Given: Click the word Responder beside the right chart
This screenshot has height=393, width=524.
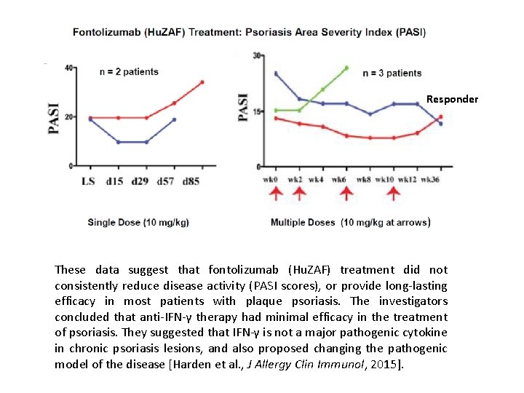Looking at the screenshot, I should pos(452,99).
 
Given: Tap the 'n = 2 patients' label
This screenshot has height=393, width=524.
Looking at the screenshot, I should pos(129,72).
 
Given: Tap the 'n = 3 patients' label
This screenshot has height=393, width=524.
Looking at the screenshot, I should pos(392,73).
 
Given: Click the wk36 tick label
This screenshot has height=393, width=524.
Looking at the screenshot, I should pos(430,179).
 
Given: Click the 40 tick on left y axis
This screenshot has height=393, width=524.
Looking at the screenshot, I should pos(69,68).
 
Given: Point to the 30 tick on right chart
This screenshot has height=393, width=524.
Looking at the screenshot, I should pos(257,55).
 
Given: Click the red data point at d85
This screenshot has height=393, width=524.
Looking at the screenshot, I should pos(202,82).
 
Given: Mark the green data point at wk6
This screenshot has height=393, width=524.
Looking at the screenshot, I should pos(346,68).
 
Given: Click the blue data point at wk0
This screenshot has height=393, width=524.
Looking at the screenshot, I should pos(276,74).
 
